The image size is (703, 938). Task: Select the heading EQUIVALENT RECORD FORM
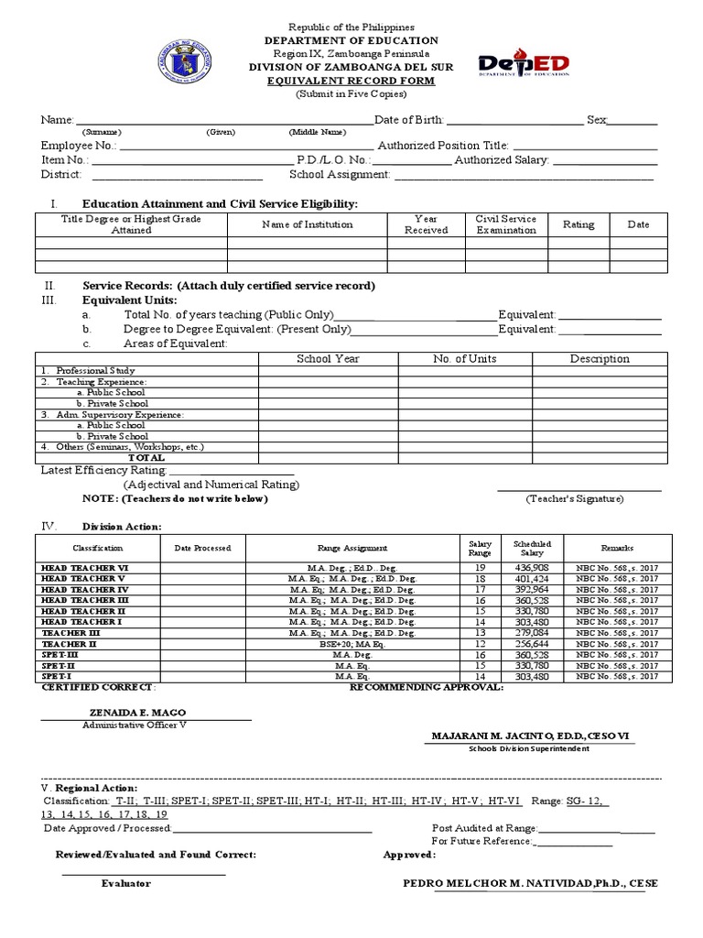[x=351, y=81]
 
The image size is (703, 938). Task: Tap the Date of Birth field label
[x=410, y=120]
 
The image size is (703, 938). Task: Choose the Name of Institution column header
[x=307, y=224]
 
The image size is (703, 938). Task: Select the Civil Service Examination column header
[x=506, y=224]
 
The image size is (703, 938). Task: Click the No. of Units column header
[x=464, y=359]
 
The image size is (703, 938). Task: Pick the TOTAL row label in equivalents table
[x=146, y=456]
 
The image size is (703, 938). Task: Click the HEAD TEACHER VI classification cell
[x=85, y=569]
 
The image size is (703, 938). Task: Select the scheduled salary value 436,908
[x=532, y=569]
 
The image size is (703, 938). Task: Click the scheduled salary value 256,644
[x=532, y=644]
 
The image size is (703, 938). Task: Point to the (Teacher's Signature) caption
[x=574, y=498]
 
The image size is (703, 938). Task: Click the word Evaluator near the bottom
[x=125, y=883]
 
